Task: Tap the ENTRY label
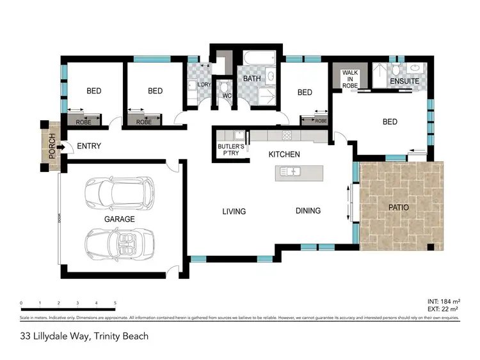click(x=89, y=146)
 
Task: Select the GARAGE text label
click(x=120, y=219)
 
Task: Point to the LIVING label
click(x=234, y=211)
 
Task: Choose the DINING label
click(x=308, y=210)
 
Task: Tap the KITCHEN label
click(x=284, y=155)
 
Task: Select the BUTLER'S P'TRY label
click(x=231, y=150)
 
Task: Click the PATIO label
click(x=398, y=208)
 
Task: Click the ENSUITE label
click(x=405, y=82)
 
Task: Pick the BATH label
click(x=248, y=79)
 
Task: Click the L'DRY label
click(x=204, y=85)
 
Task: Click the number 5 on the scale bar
click(x=115, y=302)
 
